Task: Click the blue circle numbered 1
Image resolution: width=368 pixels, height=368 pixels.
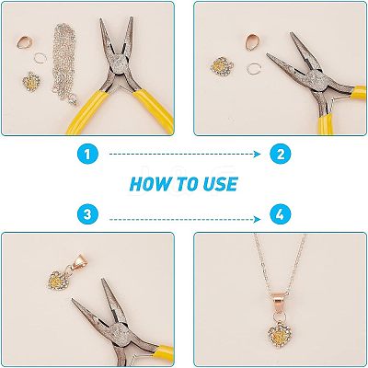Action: click(x=87, y=154)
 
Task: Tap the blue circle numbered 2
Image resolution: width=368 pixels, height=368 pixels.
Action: click(x=281, y=154)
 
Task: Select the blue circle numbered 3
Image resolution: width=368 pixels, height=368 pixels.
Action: click(x=87, y=213)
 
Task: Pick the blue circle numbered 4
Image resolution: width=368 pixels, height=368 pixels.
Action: click(x=281, y=213)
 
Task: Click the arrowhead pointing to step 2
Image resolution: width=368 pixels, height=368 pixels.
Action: click(x=258, y=155)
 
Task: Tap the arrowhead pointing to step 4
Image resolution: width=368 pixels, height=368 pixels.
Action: click(x=258, y=219)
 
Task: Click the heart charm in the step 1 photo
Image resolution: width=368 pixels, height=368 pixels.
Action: click(x=31, y=80)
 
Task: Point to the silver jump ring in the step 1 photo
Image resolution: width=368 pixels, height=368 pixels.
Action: click(x=40, y=57)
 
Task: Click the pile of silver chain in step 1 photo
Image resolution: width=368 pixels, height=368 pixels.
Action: click(x=64, y=63)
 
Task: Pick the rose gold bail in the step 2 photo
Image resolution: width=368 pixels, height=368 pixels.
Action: click(x=252, y=41)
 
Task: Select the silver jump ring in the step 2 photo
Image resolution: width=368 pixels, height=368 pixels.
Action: click(x=254, y=69)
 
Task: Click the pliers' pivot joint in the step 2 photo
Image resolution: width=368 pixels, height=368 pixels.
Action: click(x=316, y=80)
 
